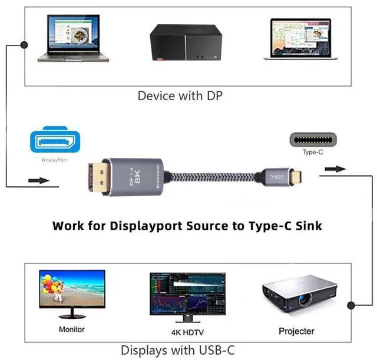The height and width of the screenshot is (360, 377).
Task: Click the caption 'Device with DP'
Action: click(x=180, y=95)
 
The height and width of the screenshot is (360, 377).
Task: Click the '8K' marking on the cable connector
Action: click(x=139, y=177)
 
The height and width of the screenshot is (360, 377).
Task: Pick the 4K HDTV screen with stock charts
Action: click(x=187, y=293)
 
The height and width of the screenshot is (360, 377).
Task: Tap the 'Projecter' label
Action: click(x=296, y=331)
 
